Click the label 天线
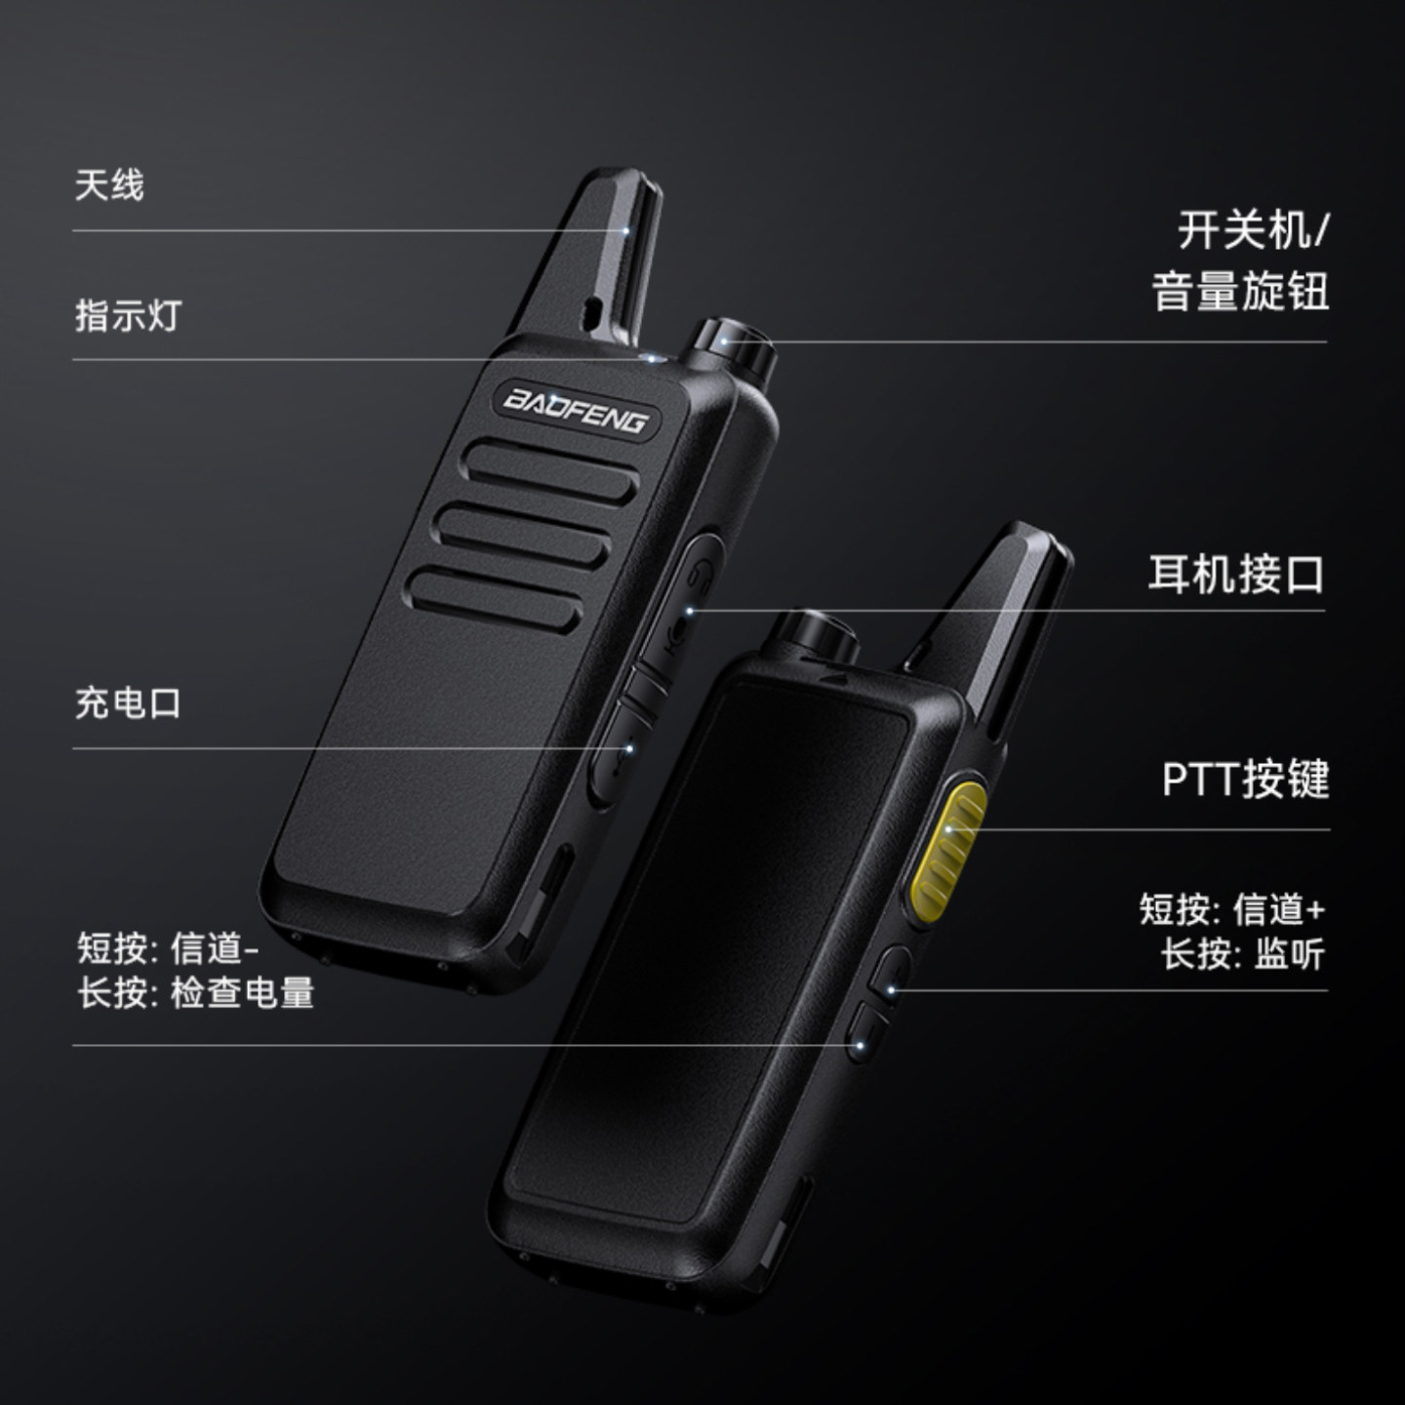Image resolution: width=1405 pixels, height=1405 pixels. click(x=109, y=185)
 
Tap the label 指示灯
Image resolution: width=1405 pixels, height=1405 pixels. click(x=128, y=316)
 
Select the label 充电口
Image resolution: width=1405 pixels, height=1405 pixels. click(x=128, y=703)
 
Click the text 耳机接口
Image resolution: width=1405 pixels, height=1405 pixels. click(x=1236, y=575)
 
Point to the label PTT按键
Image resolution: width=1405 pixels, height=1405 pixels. click(x=1245, y=780)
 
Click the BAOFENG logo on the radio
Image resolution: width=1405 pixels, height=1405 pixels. click(x=576, y=411)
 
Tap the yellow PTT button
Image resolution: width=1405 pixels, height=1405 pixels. click(x=947, y=850)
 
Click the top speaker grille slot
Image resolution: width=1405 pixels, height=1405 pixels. click(x=552, y=471)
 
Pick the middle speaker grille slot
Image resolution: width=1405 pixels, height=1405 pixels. click(x=524, y=537)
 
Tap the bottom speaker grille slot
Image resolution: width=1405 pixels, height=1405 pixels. click(x=496, y=599)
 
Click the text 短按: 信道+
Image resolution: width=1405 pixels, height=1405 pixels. click(x=1232, y=910)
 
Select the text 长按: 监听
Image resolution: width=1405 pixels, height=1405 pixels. click(x=1243, y=954)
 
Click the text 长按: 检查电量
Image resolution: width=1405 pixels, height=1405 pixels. click(x=195, y=993)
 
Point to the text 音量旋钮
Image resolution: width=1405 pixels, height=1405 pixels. click(x=1239, y=292)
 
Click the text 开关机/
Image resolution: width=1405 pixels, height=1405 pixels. click(x=1254, y=229)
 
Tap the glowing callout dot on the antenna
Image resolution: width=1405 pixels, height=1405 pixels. click(x=624, y=231)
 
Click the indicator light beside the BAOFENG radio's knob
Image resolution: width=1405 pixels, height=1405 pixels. click(x=651, y=358)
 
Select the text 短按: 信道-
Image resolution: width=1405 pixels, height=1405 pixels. click(x=168, y=948)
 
